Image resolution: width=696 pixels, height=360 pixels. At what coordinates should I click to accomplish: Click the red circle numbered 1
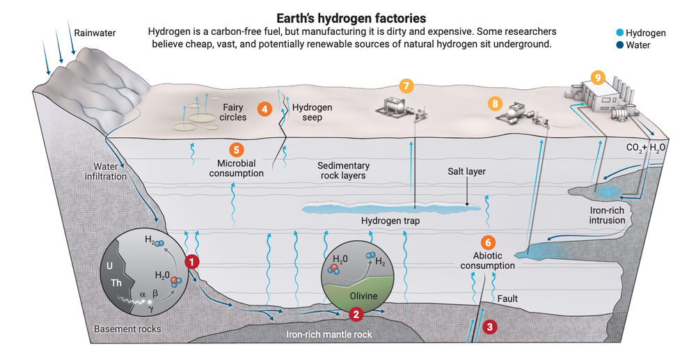click(191, 262)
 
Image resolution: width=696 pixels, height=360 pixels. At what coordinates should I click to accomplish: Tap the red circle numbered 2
click(356, 314)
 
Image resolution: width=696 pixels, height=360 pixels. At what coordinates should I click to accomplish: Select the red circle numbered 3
click(490, 326)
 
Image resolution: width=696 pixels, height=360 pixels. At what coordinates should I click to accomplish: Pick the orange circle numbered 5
click(236, 148)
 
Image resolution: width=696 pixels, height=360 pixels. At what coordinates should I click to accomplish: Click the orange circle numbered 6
click(488, 242)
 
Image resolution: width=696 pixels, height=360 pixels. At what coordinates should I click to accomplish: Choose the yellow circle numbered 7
click(406, 86)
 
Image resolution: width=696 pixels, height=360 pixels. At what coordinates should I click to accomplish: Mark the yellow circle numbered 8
click(495, 103)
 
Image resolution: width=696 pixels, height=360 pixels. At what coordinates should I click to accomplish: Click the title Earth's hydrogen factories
click(347, 16)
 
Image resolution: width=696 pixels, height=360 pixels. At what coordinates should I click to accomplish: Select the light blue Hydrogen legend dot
click(619, 33)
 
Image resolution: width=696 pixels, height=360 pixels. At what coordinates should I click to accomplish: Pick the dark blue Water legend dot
click(619, 46)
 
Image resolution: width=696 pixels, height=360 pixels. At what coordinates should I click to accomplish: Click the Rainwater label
click(95, 32)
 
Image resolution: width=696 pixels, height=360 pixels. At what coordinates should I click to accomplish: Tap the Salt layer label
click(466, 171)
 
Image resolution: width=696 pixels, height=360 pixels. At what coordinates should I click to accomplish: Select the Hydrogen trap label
click(390, 221)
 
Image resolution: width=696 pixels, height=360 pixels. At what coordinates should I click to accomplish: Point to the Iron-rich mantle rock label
click(329, 334)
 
